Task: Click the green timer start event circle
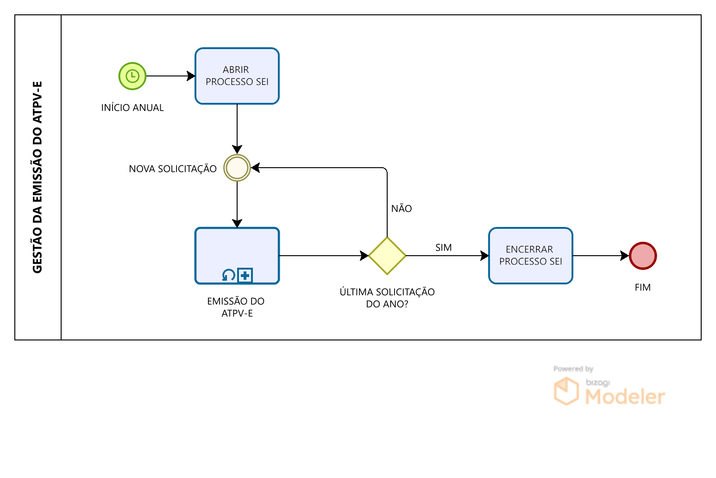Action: click(x=132, y=76)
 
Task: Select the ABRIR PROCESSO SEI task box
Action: click(x=237, y=76)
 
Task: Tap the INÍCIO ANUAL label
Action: click(x=132, y=108)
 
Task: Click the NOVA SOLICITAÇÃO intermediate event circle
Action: click(x=237, y=168)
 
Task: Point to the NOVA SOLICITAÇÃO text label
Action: click(x=173, y=169)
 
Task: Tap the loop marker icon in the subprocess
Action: click(x=229, y=276)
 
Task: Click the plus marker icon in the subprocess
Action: click(x=245, y=276)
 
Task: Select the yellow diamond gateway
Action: click(x=387, y=256)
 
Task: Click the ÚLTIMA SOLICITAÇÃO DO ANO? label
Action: click(x=387, y=298)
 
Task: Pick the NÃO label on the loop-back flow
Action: click(x=402, y=209)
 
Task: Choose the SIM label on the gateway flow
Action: click(x=443, y=248)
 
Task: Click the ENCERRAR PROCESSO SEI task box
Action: click(x=530, y=256)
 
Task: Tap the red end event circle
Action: click(x=643, y=256)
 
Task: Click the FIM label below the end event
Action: click(x=643, y=288)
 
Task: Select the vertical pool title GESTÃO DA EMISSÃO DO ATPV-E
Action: click(x=38, y=177)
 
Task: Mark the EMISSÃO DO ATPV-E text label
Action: click(x=236, y=307)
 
